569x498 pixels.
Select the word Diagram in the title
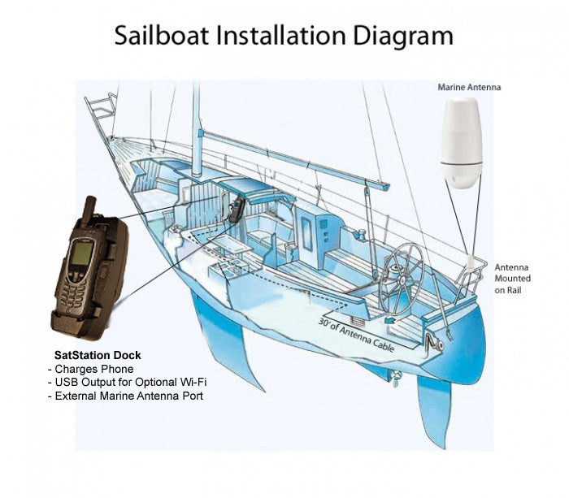[x=406, y=36]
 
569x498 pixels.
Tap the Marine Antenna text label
[x=469, y=86]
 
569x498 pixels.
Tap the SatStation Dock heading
[x=97, y=355]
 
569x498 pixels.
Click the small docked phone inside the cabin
[x=235, y=210]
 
